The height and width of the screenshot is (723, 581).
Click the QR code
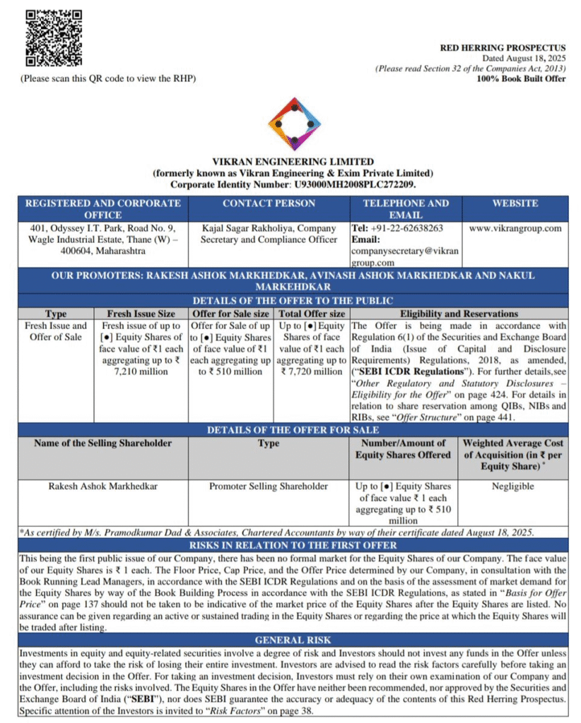(x=54, y=39)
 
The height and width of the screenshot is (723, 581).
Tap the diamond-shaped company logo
(x=295, y=124)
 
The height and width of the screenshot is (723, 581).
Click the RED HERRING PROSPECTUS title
(x=503, y=48)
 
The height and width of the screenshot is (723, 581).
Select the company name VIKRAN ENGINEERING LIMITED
(x=293, y=162)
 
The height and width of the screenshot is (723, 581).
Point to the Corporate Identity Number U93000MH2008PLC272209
(x=353, y=184)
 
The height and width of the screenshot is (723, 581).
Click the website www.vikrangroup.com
(x=515, y=228)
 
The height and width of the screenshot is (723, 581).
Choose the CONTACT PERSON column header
(x=269, y=203)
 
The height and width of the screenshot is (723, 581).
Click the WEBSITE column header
(x=515, y=203)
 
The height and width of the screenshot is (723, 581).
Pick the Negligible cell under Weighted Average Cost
(x=515, y=486)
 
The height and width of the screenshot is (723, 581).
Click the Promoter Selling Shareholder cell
(x=269, y=486)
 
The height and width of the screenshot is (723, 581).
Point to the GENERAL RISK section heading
(x=293, y=640)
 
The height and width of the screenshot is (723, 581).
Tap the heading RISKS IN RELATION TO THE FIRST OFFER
(x=293, y=545)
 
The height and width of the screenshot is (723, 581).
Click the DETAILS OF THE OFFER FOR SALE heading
(x=293, y=430)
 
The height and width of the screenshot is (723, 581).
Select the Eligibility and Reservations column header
(x=459, y=314)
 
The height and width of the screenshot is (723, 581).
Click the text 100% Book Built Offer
(x=521, y=79)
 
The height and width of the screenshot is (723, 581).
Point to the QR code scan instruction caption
(x=107, y=78)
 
